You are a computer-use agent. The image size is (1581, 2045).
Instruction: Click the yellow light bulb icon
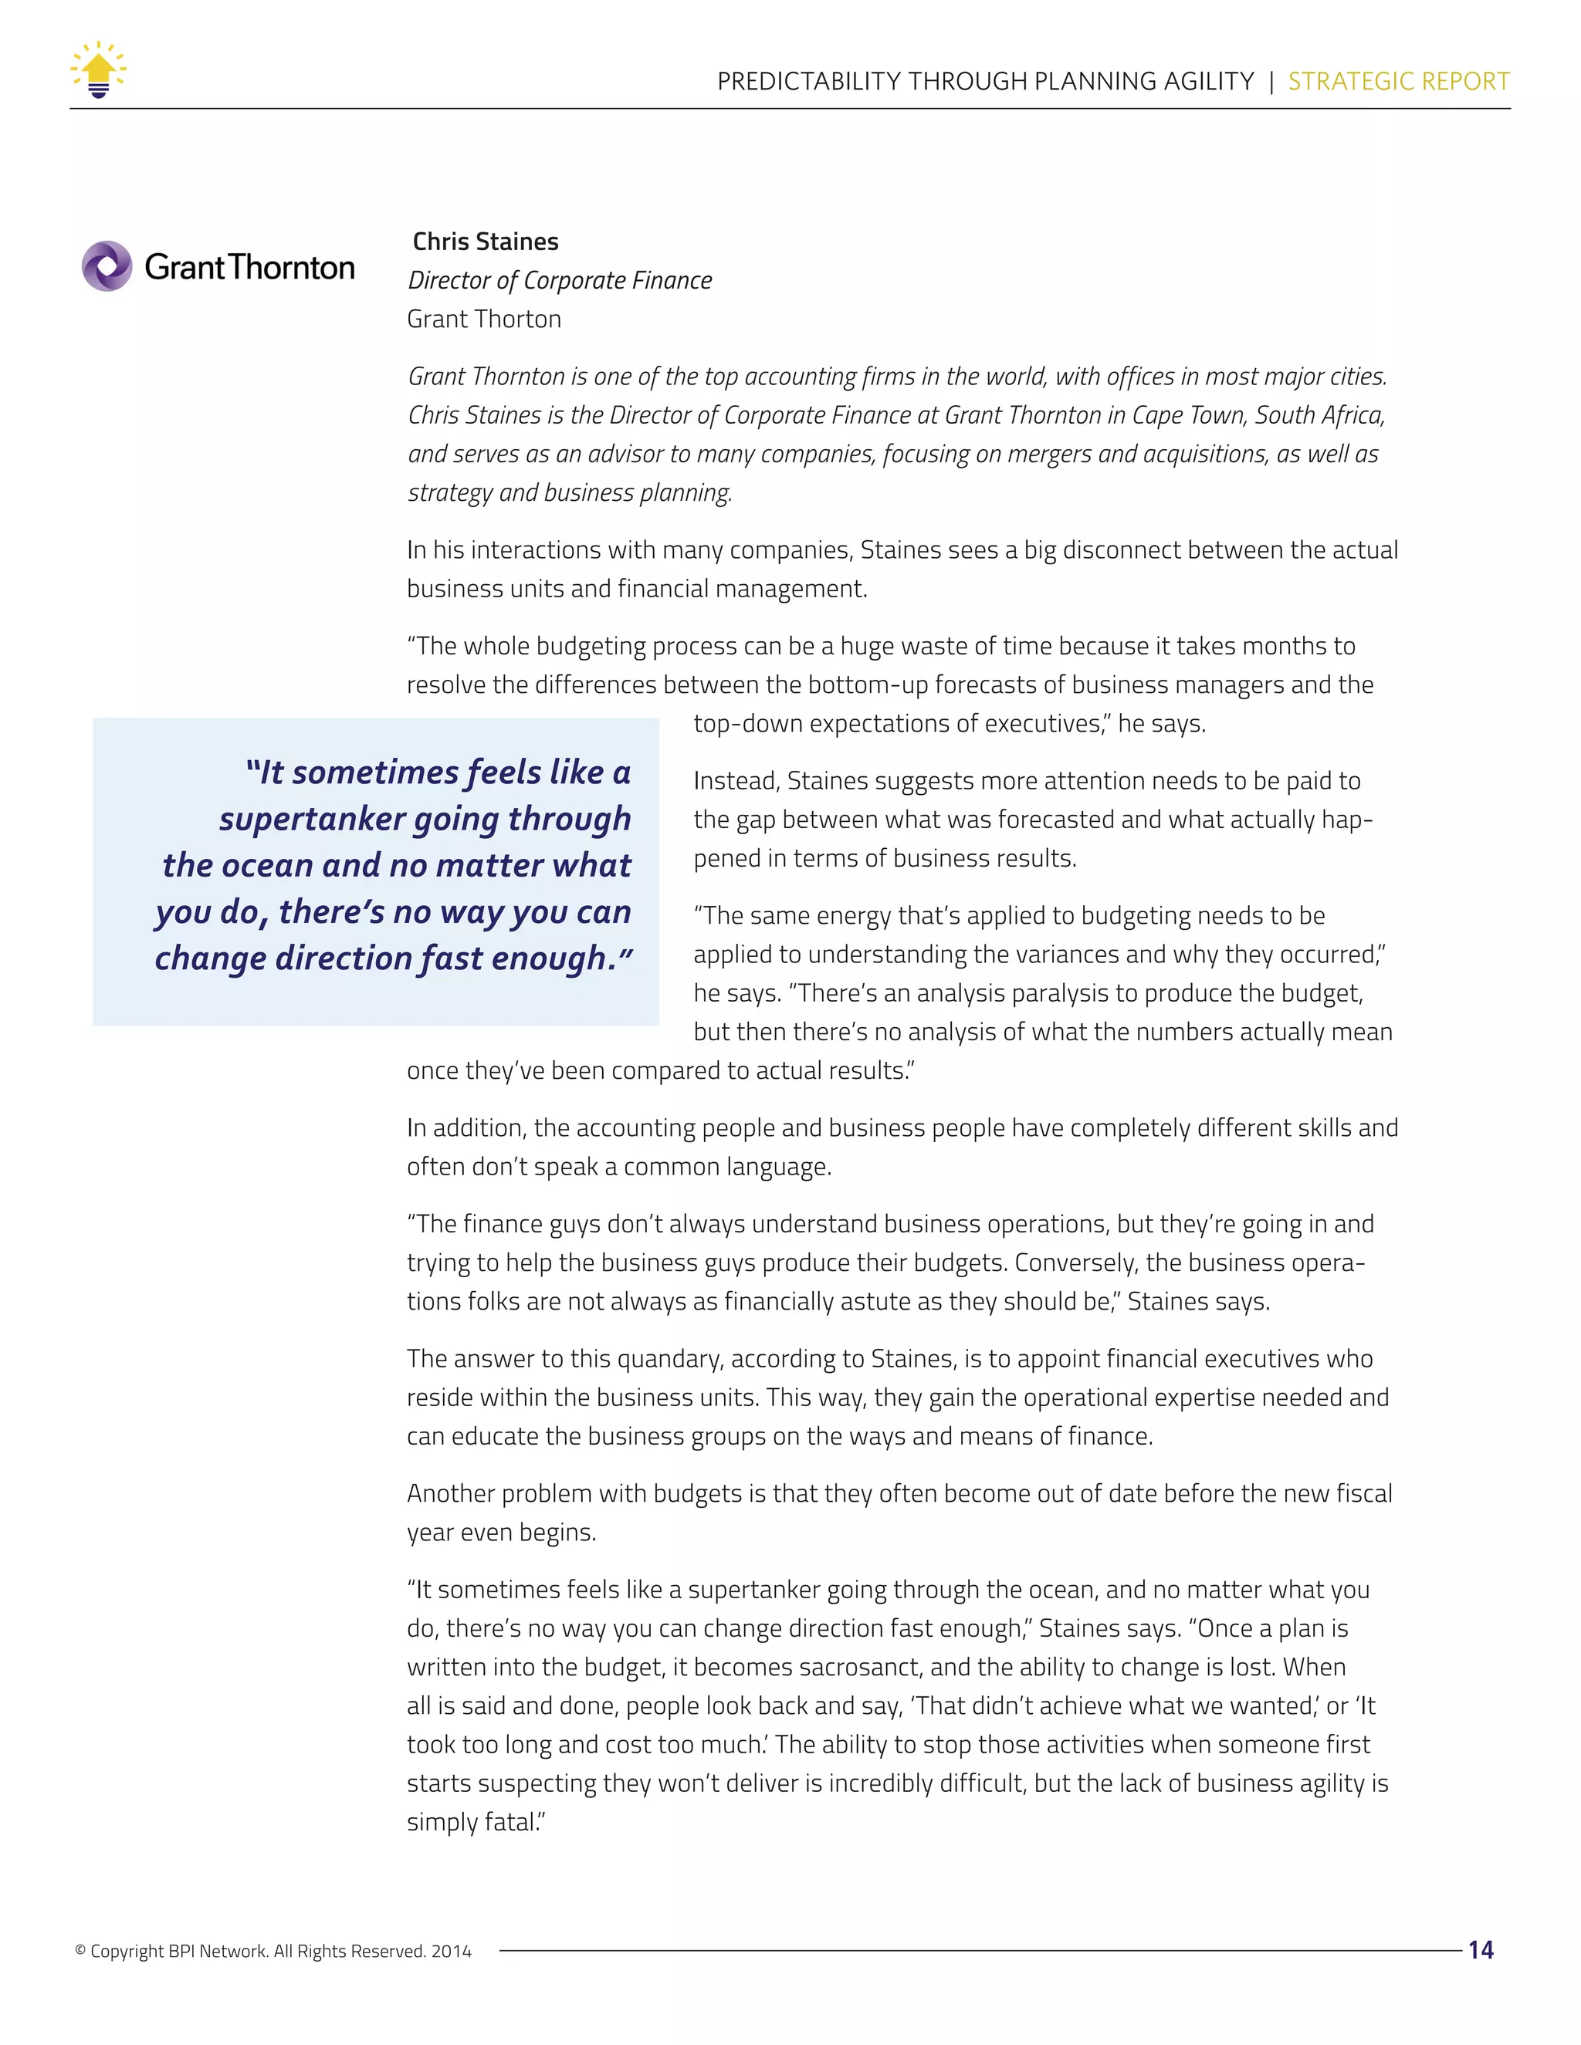98,70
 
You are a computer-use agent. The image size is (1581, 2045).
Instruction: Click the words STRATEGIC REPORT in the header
1398,82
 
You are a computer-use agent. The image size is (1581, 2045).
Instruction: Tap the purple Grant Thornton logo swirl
107,267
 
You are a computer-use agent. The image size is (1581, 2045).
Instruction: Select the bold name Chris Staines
485,242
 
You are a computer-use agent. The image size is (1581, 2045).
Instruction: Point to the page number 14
1481,1949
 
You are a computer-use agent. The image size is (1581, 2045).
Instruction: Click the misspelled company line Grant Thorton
484,319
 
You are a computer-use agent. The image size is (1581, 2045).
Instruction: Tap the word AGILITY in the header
1208,82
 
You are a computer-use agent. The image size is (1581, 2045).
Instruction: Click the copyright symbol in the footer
80,1950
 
